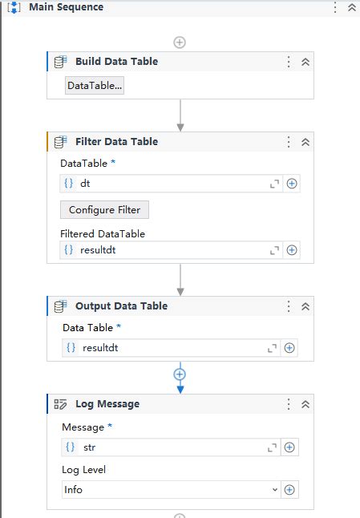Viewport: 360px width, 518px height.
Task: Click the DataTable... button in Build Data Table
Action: pos(95,86)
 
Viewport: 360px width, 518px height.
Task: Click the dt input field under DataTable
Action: pos(168,184)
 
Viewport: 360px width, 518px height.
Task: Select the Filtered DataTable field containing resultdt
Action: pos(168,250)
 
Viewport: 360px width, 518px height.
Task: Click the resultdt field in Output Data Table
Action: pos(168,348)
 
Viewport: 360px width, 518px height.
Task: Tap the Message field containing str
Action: pos(168,447)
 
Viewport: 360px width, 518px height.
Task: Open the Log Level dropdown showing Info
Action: pos(171,489)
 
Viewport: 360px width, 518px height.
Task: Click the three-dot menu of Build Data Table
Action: pos(289,62)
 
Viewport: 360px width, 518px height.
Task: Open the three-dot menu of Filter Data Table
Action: pos(289,142)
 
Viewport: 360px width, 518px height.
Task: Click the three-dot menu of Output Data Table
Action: pos(289,306)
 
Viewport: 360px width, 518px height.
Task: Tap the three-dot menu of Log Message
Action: pos(289,404)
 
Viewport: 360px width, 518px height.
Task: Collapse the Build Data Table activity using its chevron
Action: pos(305,62)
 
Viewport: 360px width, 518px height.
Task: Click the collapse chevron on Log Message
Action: pos(305,404)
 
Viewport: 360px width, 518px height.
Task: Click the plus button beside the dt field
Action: pos(292,184)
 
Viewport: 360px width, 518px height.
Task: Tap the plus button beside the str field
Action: pos(289,447)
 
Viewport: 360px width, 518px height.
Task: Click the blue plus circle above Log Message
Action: pos(180,374)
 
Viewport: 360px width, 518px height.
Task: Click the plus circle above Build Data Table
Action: pos(180,42)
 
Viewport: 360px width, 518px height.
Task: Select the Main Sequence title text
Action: pos(66,7)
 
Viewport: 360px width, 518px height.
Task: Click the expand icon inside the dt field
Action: pos(275,184)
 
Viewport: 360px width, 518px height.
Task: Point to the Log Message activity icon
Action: pos(60,404)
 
